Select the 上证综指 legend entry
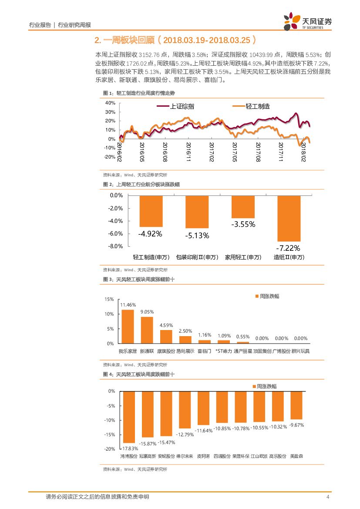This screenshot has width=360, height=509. [x=182, y=106]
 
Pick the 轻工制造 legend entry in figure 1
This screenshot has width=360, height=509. [x=258, y=106]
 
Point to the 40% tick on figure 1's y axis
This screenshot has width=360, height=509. [x=110, y=103]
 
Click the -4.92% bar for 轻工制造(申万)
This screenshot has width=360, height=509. [x=151, y=211]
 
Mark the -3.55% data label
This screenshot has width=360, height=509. [x=243, y=225]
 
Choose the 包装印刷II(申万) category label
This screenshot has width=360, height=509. [x=197, y=257]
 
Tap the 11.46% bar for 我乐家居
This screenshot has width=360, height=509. [x=128, y=327]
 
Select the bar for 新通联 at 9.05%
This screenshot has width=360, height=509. [x=147, y=330]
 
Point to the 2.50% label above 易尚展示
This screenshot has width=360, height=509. [x=185, y=331]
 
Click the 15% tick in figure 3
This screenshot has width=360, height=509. [x=109, y=300]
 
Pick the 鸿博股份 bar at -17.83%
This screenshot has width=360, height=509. [x=129, y=417]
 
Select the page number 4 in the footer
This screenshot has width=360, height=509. [x=328, y=497]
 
